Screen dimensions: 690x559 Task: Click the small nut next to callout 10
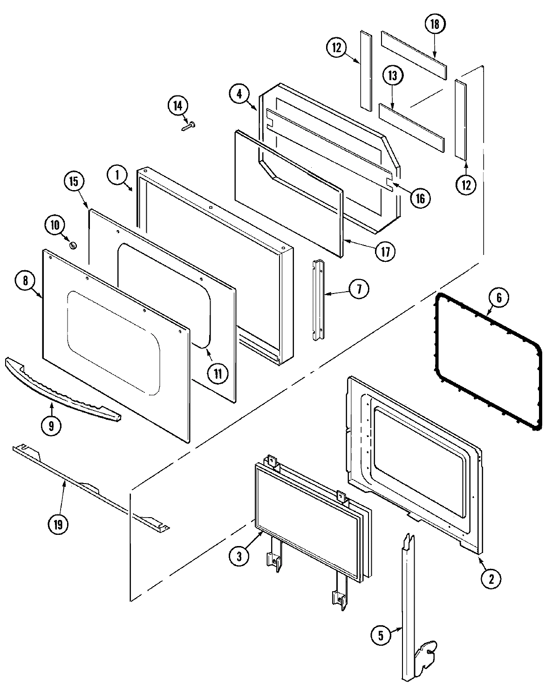72,244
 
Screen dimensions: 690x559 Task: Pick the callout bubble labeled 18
435,25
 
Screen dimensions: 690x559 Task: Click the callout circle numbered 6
499,298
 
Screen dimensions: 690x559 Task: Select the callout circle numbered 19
58,525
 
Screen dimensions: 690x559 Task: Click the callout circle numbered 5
381,636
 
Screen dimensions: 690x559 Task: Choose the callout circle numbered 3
239,556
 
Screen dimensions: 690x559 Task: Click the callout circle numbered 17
386,251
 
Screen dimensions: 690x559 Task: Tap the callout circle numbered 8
25,280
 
